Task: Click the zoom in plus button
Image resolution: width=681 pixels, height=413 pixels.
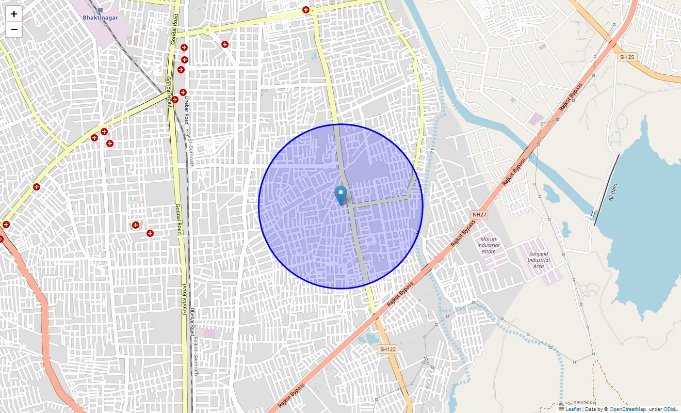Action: point(14,14)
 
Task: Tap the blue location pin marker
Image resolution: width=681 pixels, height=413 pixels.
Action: point(340,195)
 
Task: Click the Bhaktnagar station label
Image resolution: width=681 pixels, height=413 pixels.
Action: point(100,18)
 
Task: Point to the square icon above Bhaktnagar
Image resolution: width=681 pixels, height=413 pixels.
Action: point(100,10)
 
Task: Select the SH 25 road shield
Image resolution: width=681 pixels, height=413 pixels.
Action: point(627,57)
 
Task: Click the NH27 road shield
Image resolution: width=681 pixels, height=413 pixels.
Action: point(479,214)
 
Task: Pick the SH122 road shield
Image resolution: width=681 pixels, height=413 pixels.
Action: point(387,349)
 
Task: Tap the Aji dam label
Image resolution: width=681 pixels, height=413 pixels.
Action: point(613,193)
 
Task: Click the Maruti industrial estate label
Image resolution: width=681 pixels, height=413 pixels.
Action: point(488,245)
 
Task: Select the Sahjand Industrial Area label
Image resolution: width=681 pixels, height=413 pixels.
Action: point(539,260)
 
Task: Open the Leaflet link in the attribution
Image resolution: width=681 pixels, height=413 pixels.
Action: point(573,409)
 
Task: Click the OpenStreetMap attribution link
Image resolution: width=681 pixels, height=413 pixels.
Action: point(627,409)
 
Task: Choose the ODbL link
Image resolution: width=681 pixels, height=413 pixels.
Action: point(670,409)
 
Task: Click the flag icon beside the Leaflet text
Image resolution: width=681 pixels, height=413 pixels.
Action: point(561,409)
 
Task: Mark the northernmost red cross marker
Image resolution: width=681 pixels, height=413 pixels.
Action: point(306,10)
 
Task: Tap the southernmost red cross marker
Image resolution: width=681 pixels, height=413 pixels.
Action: point(150,233)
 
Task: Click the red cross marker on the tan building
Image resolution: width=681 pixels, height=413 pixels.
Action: point(136,225)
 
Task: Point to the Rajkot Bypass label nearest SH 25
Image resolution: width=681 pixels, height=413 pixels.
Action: point(571,97)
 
